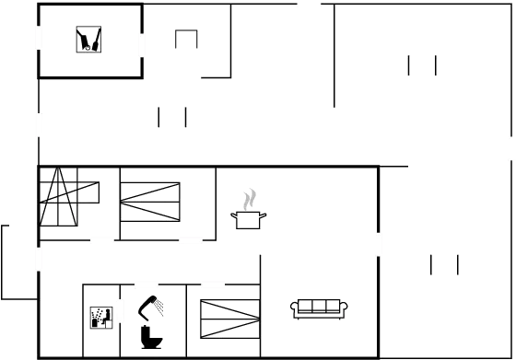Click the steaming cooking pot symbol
[x=249, y=218]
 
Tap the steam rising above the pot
[x=249, y=198]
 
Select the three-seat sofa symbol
[x=318, y=309]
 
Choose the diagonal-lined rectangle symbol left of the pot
[x=150, y=200]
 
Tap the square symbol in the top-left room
[x=88, y=40]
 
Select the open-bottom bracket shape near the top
[x=186, y=38]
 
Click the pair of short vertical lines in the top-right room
[x=422, y=65]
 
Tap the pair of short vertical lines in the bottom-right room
[x=444, y=264]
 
